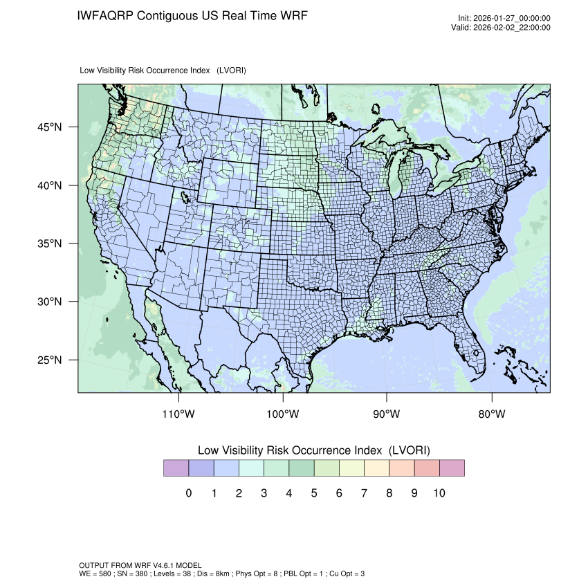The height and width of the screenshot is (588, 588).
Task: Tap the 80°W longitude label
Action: (492, 414)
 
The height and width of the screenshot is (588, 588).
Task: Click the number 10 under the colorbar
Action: (439, 493)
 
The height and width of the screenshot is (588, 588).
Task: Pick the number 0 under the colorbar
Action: (189, 493)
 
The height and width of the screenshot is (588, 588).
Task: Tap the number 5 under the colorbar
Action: (314, 493)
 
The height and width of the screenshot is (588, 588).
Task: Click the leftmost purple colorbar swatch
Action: (176, 468)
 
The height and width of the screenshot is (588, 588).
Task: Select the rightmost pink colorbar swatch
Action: (451, 468)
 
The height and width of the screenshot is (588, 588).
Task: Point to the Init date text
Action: (504, 18)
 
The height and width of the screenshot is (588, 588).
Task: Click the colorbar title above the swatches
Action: (314, 450)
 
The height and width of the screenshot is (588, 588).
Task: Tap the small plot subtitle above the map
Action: (163, 71)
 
